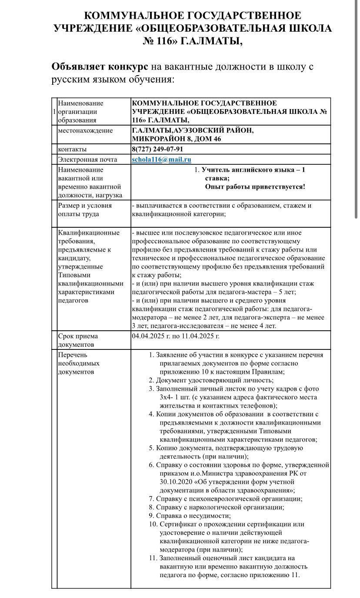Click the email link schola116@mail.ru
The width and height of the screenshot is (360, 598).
[161, 160]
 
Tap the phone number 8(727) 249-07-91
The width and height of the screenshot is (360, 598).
[157, 149]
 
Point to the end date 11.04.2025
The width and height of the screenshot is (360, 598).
[201, 336]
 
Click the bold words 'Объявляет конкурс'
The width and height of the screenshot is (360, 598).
[100, 67]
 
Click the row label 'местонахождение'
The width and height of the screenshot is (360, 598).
[85, 130]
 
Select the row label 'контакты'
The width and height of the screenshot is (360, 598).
[72, 149]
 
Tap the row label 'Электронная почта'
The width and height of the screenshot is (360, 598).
[87, 160]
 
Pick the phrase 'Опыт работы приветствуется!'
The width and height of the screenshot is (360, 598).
[255, 187]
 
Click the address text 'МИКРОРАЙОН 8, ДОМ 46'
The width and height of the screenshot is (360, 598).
[177, 139]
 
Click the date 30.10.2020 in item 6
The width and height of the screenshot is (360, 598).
[175, 482]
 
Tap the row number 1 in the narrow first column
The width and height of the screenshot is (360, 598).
[54, 112]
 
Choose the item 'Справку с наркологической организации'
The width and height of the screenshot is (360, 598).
[220, 507]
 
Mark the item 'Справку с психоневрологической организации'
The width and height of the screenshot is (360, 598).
[229, 499]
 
